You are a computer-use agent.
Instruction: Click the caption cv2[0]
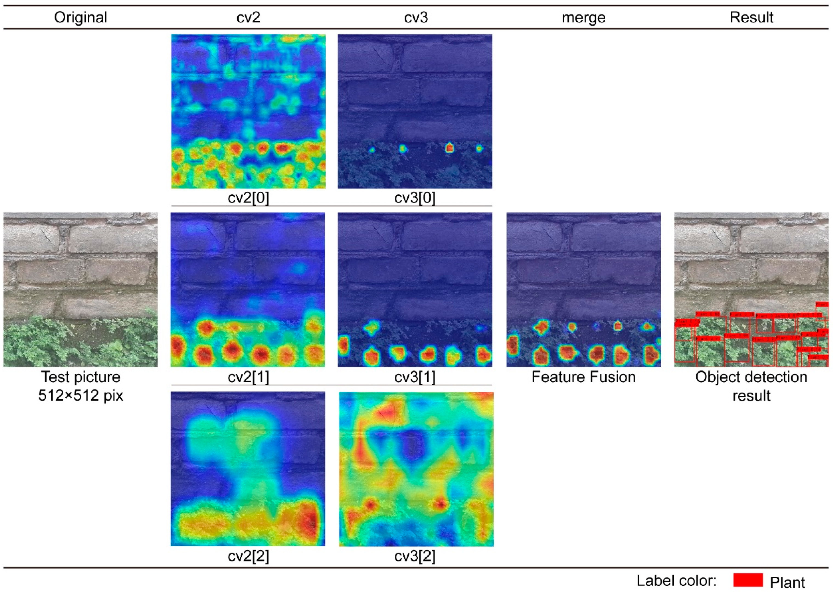(x=248, y=198)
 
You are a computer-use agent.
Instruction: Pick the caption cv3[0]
(x=415, y=198)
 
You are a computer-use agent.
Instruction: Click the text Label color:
(x=676, y=581)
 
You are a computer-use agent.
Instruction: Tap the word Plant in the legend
(x=787, y=582)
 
